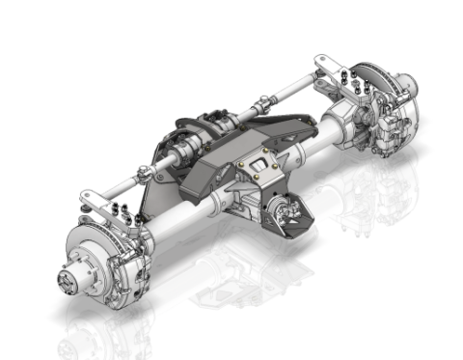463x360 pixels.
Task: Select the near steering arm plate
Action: (x=93, y=199)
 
